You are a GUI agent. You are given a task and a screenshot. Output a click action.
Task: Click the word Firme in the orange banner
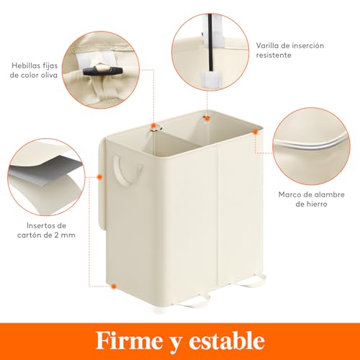tap(128, 340)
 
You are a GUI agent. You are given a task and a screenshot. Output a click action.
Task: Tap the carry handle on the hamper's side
tap(120, 173)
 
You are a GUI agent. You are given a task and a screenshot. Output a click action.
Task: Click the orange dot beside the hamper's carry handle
tap(99, 175)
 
